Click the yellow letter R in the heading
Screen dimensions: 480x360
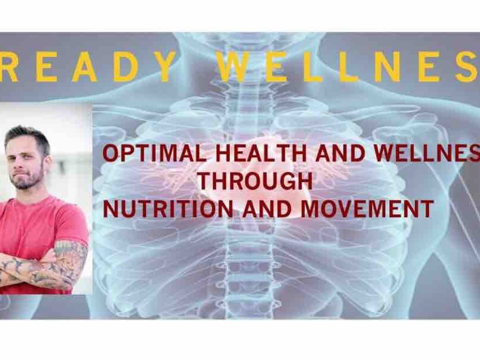(x=8, y=67)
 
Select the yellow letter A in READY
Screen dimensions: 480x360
(x=84, y=67)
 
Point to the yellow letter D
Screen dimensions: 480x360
(x=126, y=67)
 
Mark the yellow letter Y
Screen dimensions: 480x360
(x=164, y=67)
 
